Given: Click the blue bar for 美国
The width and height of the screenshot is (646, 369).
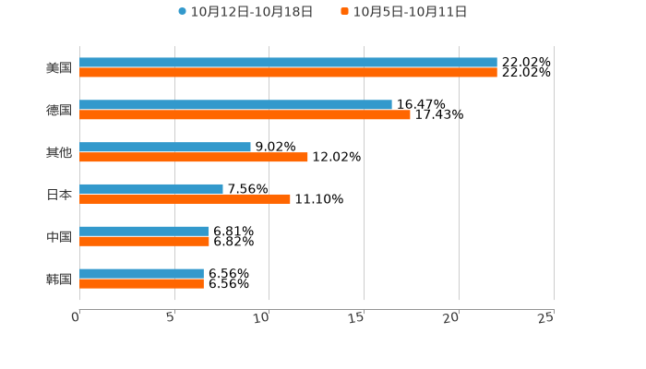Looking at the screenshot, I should pyautogui.click(x=288, y=63).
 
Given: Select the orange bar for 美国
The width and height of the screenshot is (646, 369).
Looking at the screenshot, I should pyautogui.click(x=288, y=73).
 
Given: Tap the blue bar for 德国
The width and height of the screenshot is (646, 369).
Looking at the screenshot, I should pyautogui.click(x=235, y=105).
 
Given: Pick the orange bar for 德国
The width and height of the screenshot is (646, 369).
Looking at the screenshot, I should pyautogui.click(x=245, y=115).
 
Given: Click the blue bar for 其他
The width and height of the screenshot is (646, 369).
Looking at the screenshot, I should pyautogui.click(x=165, y=147).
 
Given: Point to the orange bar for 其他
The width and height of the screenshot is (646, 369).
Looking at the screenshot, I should pyautogui.click(x=194, y=157).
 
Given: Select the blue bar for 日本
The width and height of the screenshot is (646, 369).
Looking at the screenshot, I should pyautogui.click(x=151, y=189).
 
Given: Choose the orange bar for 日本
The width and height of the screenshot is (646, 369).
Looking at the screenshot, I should pyautogui.click(x=185, y=199).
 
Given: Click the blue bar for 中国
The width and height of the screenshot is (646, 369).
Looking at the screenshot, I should pyautogui.click(x=144, y=231).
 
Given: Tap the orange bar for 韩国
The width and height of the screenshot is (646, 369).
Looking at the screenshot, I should pyautogui.click(x=141, y=283).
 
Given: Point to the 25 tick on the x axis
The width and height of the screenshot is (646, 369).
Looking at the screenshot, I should pyautogui.click(x=546, y=317).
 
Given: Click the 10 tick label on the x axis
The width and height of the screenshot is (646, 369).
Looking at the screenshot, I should pyautogui.click(x=261, y=317).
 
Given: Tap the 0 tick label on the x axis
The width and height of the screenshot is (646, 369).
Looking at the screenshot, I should pyautogui.click(x=76, y=317).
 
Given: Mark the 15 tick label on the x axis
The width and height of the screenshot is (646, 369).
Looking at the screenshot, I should pyautogui.click(x=356, y=317).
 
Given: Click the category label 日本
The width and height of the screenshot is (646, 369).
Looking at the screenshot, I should pyautogui.click(x=59, y=195).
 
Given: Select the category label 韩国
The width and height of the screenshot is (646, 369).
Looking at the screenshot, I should pyautogui.click(x=59, y=279).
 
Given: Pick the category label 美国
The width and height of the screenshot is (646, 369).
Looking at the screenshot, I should pyautogui.click(x=59, y=68).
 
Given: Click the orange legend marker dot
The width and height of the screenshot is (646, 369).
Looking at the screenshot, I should pyautogui.click(x=345, y=12).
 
